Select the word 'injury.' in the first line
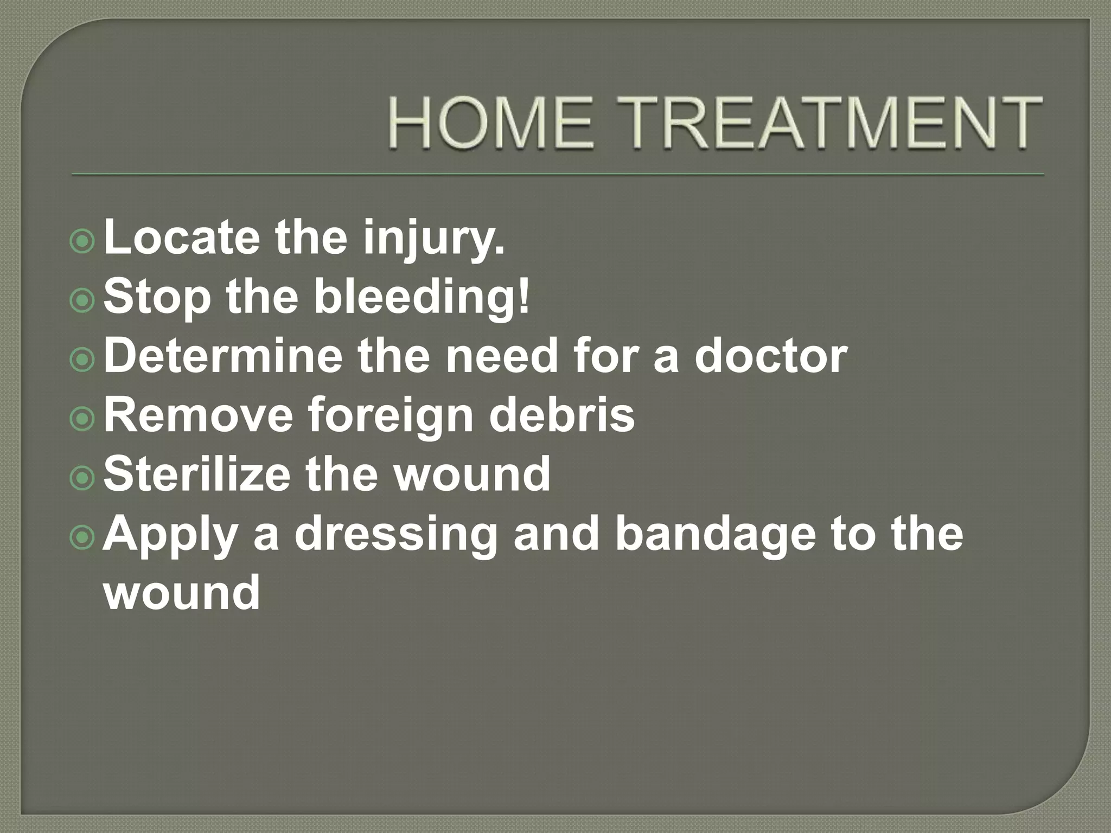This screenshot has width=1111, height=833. [x=434, y=239]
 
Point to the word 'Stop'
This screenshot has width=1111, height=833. [x=157, y=298]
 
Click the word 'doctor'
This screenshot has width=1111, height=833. [x=771, y=356]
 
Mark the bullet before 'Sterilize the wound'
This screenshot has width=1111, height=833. [x=82, y=478]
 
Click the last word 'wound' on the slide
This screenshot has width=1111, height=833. [x=182, y=592]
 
